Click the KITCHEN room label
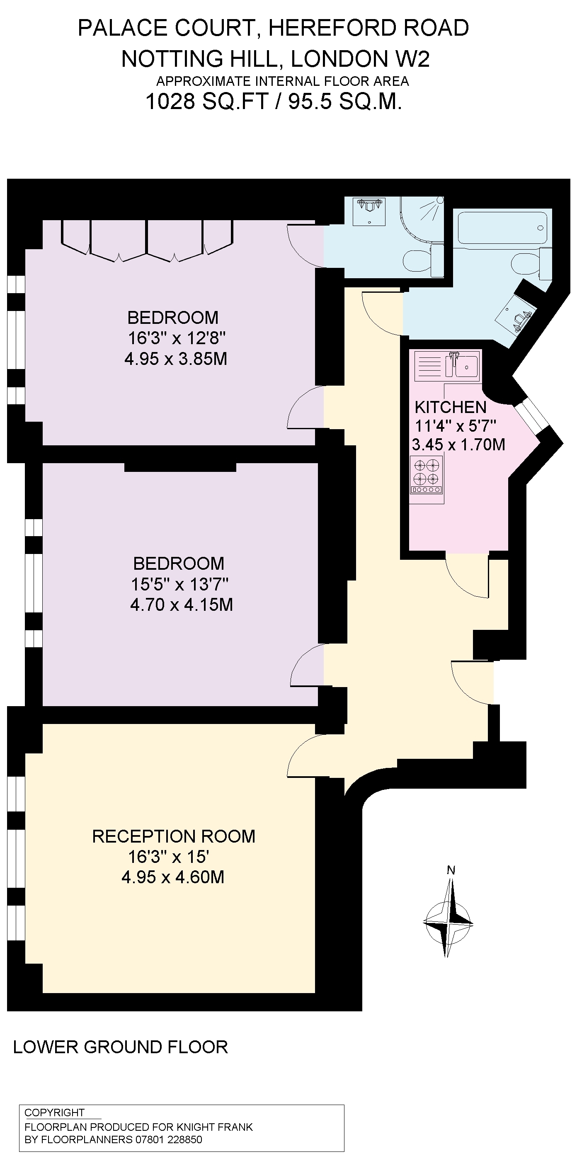[450, 407]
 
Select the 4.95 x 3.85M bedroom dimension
[176, 359]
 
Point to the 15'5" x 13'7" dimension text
[179, 584]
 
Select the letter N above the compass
[451, 870]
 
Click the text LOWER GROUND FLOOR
[120, 1047]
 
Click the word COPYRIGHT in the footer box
[54, 1112]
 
